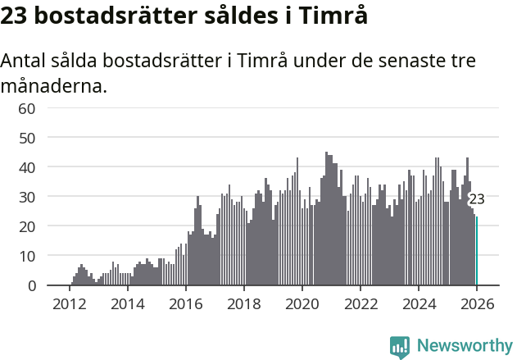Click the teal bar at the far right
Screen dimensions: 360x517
[x=477, y=251]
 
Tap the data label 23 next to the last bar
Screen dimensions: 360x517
[x=476, y=199]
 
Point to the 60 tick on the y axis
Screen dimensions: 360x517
[x=27, y=108]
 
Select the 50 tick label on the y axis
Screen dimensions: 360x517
[x=27, y=138]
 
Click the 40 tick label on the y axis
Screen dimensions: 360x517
[x=27, y=167]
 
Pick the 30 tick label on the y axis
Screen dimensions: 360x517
[x=27, y=197]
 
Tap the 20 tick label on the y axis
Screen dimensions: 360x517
[x=27, y=226]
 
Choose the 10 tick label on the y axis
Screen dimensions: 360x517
[x=27, y=256]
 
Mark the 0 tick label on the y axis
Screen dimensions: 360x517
[x=31, y=285]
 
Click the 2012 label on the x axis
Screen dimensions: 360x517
[x=69, y=303]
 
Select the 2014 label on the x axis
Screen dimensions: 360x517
[x=127, y=303]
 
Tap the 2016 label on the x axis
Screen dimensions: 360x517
[x=185, y=303]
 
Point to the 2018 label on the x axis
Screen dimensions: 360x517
[x=243, y=303]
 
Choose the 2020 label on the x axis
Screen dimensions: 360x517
[x=302, y=303]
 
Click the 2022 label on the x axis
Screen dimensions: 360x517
[x=361, y=303]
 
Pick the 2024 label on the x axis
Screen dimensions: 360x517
[x=419, y=303]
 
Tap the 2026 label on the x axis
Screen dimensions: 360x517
[x=477, y=303]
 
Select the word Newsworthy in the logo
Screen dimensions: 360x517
[x=464, y=345]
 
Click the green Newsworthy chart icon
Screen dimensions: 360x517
[x=400, y=347]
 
